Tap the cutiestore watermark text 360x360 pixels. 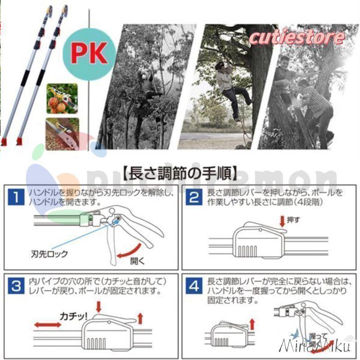point(297,37)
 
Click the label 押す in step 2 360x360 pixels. point(293,220)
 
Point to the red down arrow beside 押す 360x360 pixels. point(282,220)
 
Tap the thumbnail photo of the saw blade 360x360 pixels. point(63,134)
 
